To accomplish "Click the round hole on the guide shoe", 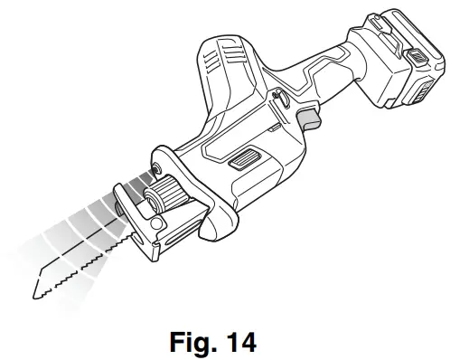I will (x=155, y=223).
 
